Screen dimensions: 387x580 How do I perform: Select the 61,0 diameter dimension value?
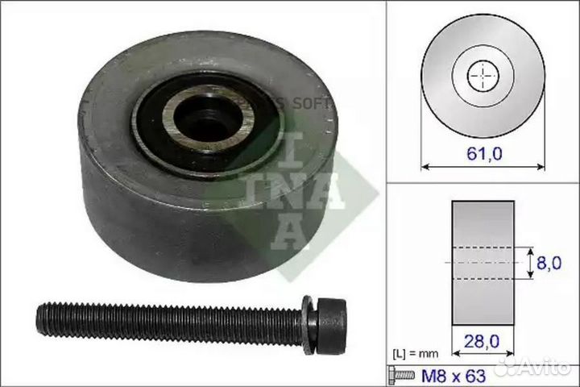pos(483,153)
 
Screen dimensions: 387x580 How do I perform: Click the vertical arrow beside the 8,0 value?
pos(530,262)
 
